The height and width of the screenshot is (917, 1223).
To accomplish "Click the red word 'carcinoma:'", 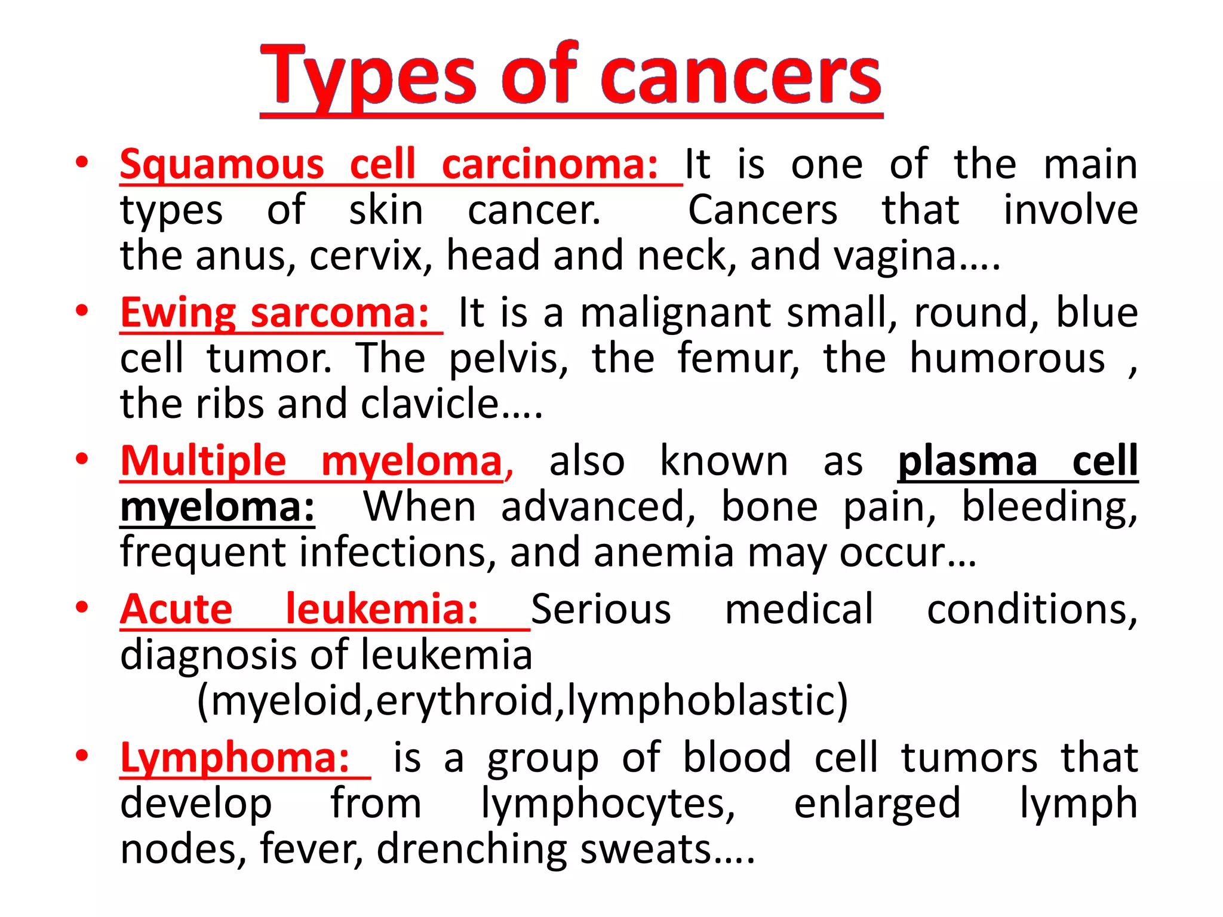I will [x=549, y=164].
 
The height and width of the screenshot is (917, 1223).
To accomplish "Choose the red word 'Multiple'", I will [x=204, y=461].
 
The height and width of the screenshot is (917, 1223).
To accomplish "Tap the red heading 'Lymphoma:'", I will [x=235, y=758].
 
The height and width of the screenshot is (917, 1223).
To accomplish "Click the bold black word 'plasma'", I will [x=967, y=461].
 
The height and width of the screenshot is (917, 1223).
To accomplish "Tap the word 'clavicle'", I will [x=430, y=404].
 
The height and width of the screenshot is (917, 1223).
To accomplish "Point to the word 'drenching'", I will [x=472, y=848].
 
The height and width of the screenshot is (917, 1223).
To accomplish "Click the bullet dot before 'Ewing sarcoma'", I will [x=82, y=310].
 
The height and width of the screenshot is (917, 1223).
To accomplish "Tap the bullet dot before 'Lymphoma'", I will [x=82, y=755].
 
